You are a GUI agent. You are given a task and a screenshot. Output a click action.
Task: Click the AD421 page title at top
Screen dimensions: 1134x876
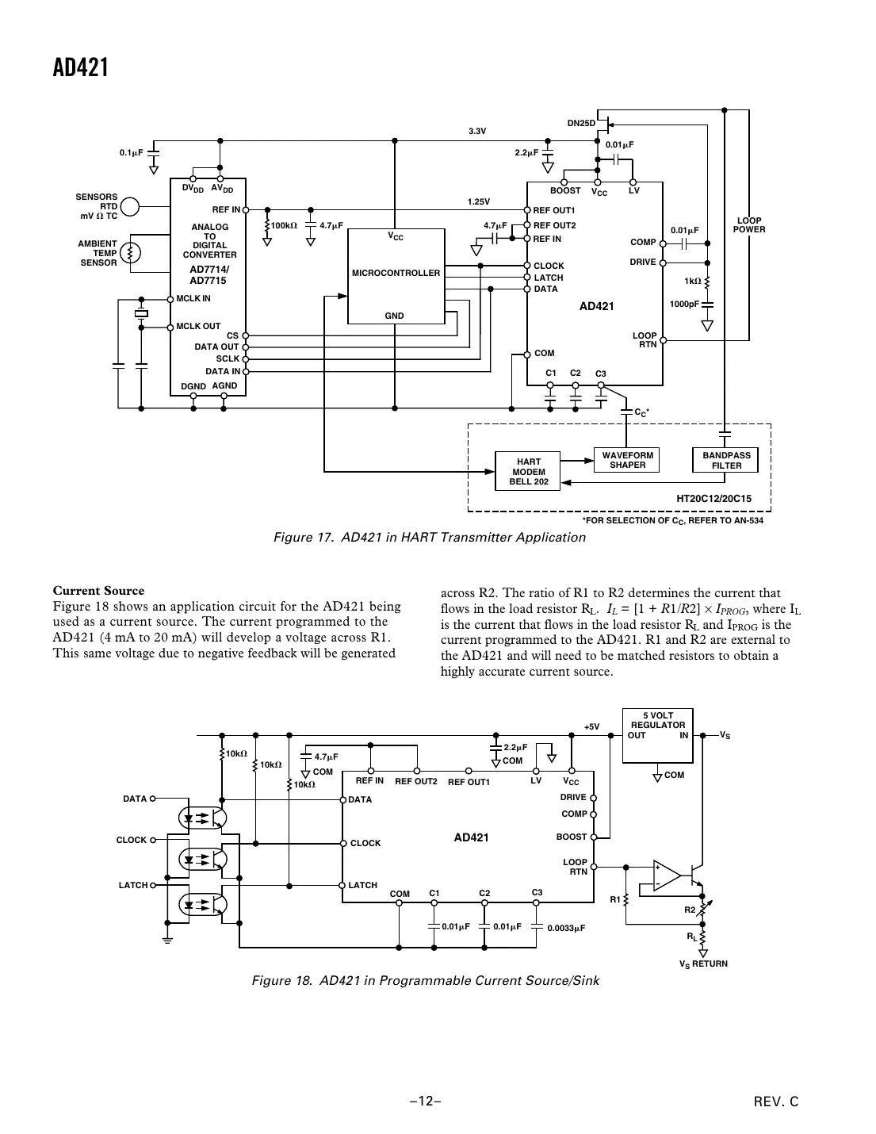81,68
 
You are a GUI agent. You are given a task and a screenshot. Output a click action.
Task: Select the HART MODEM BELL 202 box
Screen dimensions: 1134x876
528,472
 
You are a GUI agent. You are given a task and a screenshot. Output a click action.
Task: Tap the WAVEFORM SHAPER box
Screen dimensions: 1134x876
627,460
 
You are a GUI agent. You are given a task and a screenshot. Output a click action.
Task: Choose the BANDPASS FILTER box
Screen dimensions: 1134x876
726,460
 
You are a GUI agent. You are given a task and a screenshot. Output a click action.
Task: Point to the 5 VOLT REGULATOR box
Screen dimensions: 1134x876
657,736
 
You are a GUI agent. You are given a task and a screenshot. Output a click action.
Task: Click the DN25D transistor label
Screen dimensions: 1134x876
580,123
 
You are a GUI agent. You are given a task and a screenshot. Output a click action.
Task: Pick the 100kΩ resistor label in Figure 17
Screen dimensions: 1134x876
284,225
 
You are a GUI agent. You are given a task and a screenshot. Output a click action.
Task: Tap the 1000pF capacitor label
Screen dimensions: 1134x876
683,304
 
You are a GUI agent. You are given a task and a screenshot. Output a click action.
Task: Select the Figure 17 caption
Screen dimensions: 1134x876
429,538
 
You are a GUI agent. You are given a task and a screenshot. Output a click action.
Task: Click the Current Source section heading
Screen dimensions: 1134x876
98,591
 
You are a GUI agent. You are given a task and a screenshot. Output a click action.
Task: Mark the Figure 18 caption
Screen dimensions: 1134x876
425,981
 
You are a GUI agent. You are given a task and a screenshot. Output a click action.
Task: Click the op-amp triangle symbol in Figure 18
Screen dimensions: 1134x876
667,875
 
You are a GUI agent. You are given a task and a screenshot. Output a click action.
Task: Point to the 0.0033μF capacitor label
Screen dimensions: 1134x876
565,927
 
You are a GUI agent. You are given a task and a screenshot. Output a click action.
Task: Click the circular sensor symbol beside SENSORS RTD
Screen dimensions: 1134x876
130,207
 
